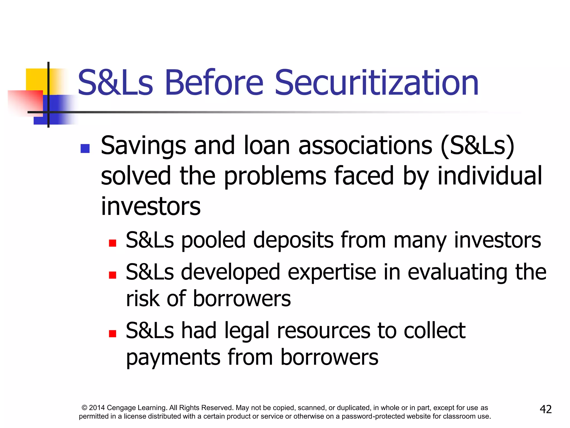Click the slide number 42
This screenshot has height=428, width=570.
tap(546, 409)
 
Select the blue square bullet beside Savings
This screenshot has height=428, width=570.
tap(85, 148)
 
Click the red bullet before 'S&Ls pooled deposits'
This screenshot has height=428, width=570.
tap(112, 243)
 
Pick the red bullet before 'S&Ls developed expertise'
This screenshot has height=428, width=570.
tap(112, 275)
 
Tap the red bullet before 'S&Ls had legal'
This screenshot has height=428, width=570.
tap(112, 334)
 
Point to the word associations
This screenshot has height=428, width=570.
tap(365, 145)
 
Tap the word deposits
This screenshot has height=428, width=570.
tap(293, 240)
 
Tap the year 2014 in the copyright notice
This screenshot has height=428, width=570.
tap(97, 408)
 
